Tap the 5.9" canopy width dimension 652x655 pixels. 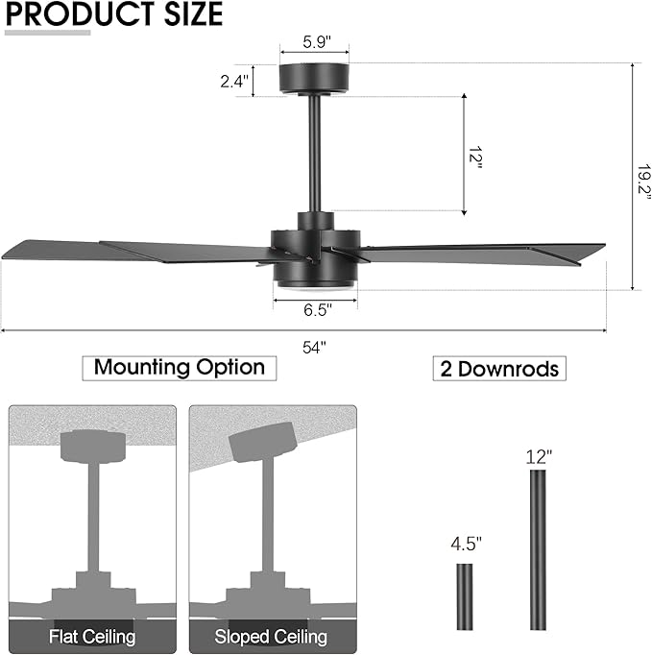pyautogui.click(x=315, y=42)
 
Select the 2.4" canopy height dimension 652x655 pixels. pyautogui.click(x=233, y=82)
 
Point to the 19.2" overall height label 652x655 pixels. pyautogui.click(x=643, y=177)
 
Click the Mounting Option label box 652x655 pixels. pyautogui.click(x=180, y=367)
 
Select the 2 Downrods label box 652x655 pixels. pyautogui.click(x=499, y=369)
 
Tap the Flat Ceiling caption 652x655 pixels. pyautogui.click(x=92, y=636)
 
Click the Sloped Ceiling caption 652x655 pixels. pyautogui.click(x=272, y=636)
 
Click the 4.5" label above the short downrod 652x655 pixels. pyautogui.click(x=466, y=544)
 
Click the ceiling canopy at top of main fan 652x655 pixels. pyautogui.click(x=315, y=79)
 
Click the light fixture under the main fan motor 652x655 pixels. pyautogui.click(x=315, y=277)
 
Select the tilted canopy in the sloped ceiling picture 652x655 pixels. pyautogui.click(x=261, y=441)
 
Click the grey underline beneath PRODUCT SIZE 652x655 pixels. pyautogui.click(x=48, y=33)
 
